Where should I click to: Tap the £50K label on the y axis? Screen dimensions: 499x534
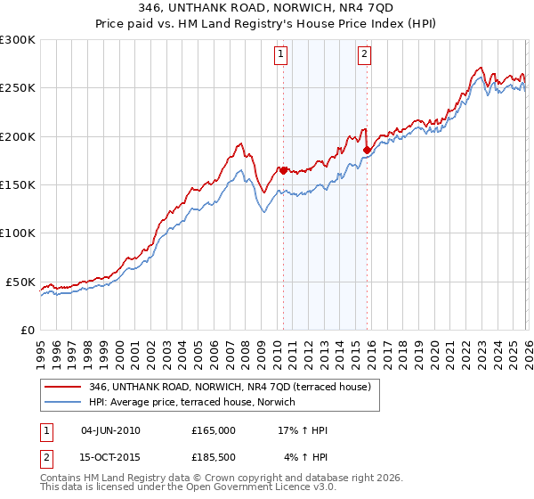click(x=20, y=282)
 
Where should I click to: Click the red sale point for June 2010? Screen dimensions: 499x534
click(x=283, y=170)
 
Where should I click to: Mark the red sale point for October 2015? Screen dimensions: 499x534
click(x=367, y=151)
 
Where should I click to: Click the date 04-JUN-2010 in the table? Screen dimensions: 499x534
click(x=110, y=430)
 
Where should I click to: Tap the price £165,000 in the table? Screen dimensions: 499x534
click(x=214, y=430)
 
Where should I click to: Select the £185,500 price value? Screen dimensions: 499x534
click(x=214, y=457)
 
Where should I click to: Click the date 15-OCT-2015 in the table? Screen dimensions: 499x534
click(x=110, y=457)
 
